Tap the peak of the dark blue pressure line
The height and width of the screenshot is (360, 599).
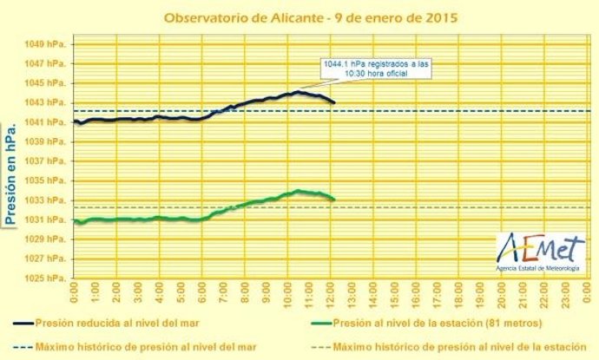tap(298, 92)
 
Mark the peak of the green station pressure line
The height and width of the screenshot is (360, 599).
tap(298, 191)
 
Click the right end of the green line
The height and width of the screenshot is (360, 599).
tap(334, 200)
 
